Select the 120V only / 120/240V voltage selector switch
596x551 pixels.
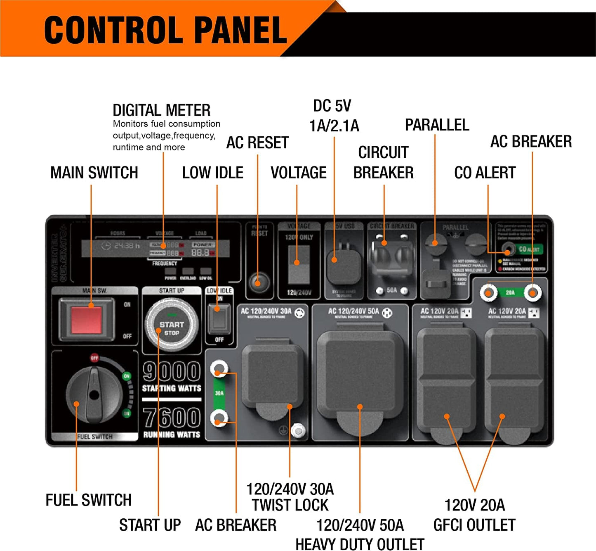[299, 264]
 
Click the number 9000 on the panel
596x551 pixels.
[172, 371]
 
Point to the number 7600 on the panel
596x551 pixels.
[172, 418]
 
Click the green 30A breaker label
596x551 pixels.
[219, 393]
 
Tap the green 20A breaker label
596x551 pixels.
[510, 292]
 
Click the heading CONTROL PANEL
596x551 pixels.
[165, 30]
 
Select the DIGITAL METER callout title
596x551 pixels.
[161, 110]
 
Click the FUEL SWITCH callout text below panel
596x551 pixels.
[88, 500]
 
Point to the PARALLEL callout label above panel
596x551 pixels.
[437, 125]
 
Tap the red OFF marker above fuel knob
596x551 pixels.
[94, 358]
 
